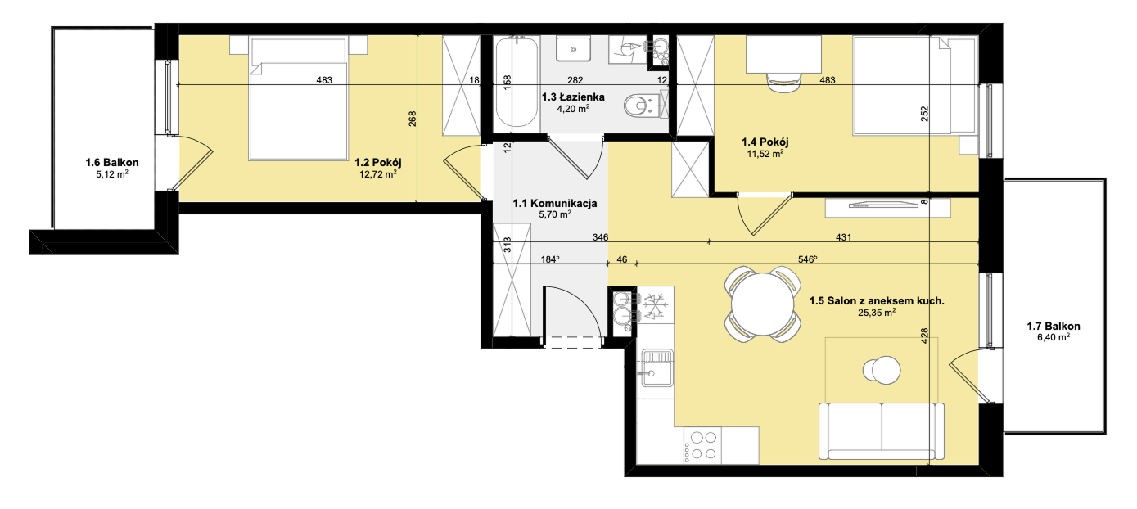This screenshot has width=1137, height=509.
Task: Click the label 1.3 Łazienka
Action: coord(573,97)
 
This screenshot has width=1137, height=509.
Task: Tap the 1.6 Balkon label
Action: coord(111,162)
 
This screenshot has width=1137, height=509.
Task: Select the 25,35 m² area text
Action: coord(877,313)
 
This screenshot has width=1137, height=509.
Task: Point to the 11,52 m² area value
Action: coord(765,153)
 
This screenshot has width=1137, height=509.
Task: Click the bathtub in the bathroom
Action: coord(516,83)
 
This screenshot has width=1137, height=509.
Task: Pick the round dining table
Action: coord(762,304)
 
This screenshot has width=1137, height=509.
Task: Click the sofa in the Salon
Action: coord(881,431)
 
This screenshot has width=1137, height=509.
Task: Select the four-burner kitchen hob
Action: coord(702,445)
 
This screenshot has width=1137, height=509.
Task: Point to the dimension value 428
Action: coord(924,336)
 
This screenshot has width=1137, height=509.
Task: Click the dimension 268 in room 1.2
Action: coord(413,119)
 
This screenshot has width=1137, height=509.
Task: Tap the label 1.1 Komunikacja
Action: coord(555,204)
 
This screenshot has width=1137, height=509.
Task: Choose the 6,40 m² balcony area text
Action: coord(1054,337)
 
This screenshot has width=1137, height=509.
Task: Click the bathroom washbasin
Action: coord(574,49)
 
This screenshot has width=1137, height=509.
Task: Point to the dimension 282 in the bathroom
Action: coord(575,80)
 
